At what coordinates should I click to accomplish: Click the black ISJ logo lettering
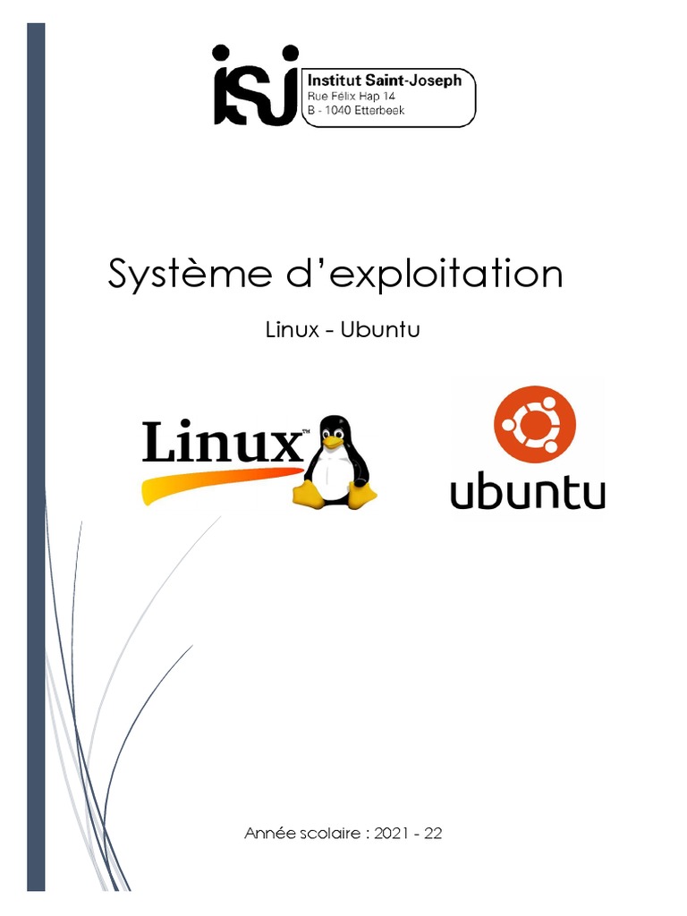(254, 86)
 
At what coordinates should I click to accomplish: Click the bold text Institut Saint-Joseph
(385, 81)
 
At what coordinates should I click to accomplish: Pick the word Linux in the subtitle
(293, 330)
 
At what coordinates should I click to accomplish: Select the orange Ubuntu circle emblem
(534, 425)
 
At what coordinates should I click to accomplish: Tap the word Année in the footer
(268, 834)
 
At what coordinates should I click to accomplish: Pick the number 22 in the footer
(433, 834)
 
